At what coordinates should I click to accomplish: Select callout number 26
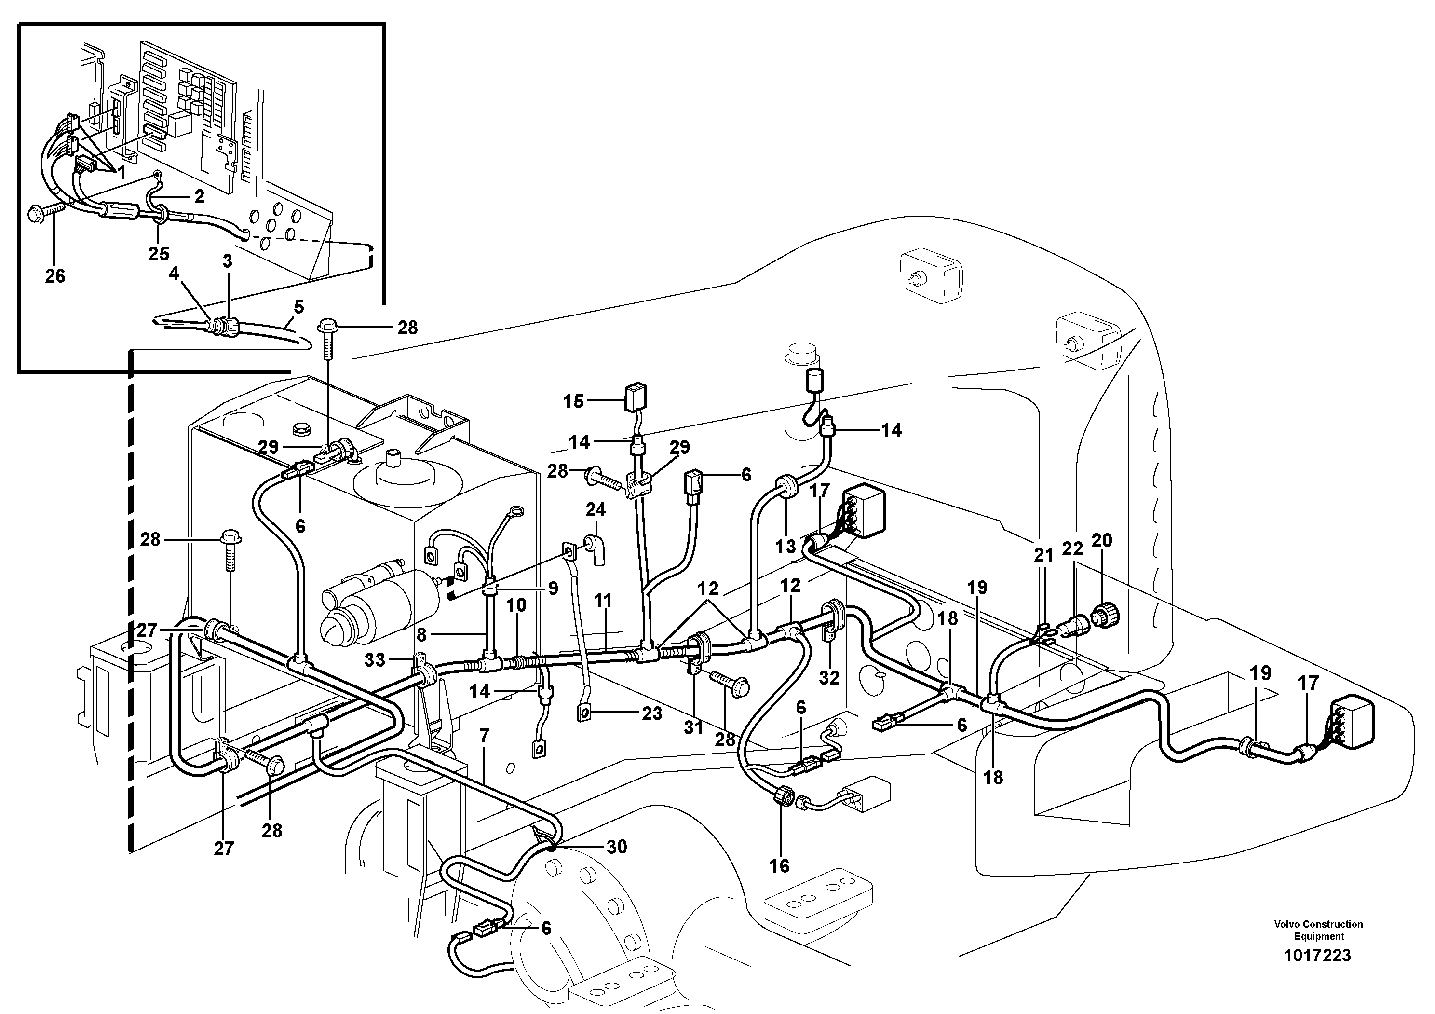(55, 276)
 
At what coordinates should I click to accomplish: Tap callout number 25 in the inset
(159, 253)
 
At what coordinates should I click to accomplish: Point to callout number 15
(573, 401)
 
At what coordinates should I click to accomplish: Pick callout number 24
(596, 509)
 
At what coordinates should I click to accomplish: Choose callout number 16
(779, 865)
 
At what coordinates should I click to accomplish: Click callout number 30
(616, 847)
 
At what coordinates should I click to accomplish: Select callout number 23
(652, 713)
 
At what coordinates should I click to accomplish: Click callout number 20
(1101, 540)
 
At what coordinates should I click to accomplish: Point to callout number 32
(829, 678)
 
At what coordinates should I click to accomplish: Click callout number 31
(693, 727)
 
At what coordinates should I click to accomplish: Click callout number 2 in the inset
(199, 196)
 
